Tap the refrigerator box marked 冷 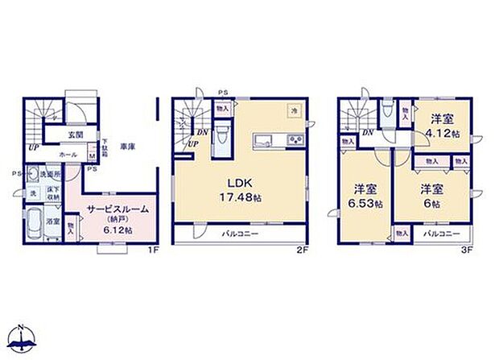[x=295, y=111]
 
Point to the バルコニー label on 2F [x=241, y=234]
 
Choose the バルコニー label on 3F [x=439, y=234]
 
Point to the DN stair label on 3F [x=367, y=132]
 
